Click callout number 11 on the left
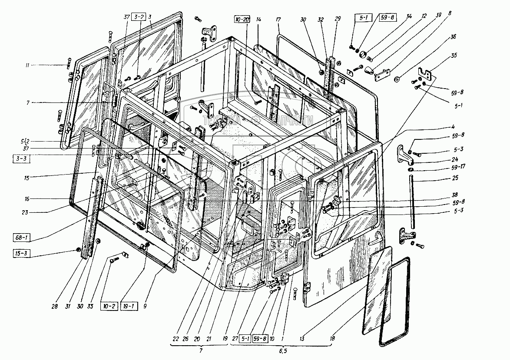click(27, 65)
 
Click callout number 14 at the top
click(258, 20)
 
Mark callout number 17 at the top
click(278, 20)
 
